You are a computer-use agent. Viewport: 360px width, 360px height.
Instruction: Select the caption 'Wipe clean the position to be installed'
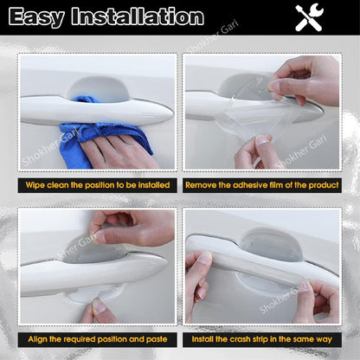click(x=98, y=185)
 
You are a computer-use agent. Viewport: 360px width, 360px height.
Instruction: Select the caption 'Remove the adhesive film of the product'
click(x=261, y=185)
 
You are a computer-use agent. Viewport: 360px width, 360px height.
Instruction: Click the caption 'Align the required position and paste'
click(x=98, y=339)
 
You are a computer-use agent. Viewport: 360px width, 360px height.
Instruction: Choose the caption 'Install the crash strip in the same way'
click(x=261, y=339)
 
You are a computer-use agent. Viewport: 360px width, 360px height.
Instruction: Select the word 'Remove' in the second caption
click(x=204, y=185)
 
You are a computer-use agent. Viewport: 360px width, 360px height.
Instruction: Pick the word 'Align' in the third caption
click(x=40, y=339)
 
